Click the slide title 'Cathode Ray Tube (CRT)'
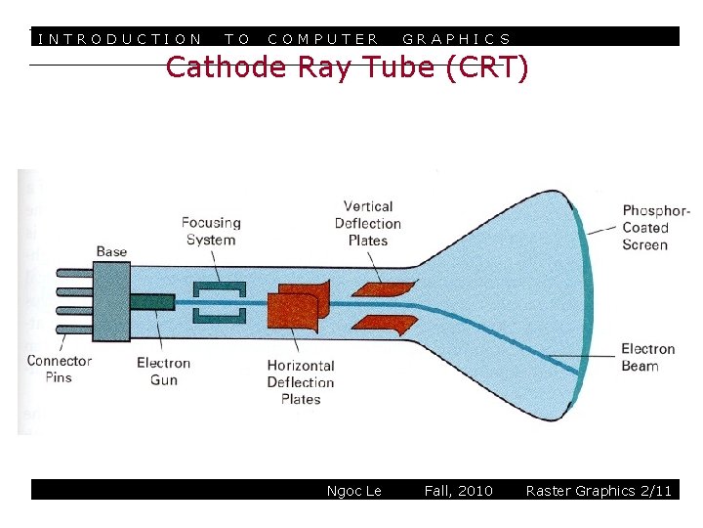pos(347,68)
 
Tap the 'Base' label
pos(111,251)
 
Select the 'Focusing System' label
pos(210,231)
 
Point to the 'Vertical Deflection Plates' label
pos(368,223)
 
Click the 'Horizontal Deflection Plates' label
pos(301,382)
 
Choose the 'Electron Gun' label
pos(163,371)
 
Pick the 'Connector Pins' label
pos(59,369)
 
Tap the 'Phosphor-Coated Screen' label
pos(656,228)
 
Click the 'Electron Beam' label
pos(647,357)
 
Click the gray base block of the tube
pos(111,299)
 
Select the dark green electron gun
pos(152,303)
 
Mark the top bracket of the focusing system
pos(218,287)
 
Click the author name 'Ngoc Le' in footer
pos(353,491)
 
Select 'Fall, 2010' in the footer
pos(458,491)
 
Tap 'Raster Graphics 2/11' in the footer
pos(599,491)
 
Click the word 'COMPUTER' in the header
pos(322,39)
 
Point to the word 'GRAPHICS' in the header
pos(456,39)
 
